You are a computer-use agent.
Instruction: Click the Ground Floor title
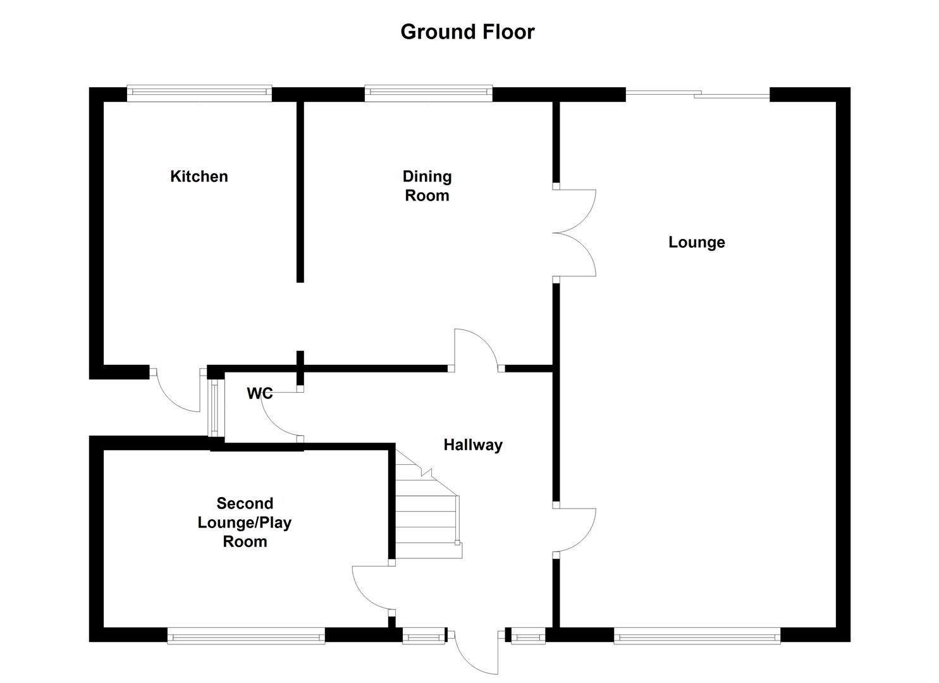[467, 32]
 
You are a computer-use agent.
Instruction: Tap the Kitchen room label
[199, 176]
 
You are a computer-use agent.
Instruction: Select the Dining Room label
[427, 185]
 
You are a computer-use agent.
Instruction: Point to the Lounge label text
[696, 242]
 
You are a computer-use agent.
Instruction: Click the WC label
[259, 393]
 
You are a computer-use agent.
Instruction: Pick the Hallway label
[472, 445]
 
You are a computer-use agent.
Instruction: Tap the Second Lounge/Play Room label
[245, 522]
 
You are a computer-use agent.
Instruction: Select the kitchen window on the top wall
[199, 94]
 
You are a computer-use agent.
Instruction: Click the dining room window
[428, 94]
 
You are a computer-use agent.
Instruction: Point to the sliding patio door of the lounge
[697, 95]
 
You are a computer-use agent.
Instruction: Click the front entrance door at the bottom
[474, 651]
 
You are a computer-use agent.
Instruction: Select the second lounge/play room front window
[246, 636]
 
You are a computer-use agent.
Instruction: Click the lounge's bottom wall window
[697, 636]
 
